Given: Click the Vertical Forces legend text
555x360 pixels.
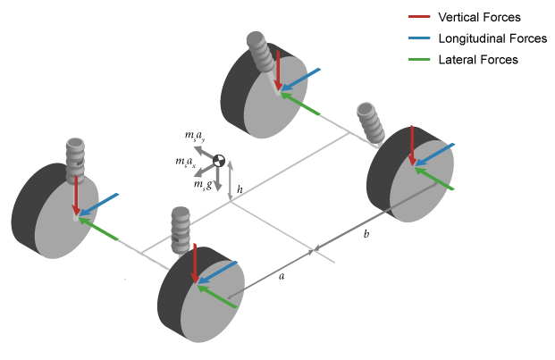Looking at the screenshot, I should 479,17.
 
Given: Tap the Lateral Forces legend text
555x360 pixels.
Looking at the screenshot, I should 478,59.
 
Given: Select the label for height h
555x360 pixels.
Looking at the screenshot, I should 240,189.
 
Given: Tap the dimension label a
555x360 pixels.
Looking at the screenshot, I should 282,277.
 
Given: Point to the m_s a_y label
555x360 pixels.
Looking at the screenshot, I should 195,137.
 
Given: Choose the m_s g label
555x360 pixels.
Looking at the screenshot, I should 202,184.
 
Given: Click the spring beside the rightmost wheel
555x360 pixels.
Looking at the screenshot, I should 369,123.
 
